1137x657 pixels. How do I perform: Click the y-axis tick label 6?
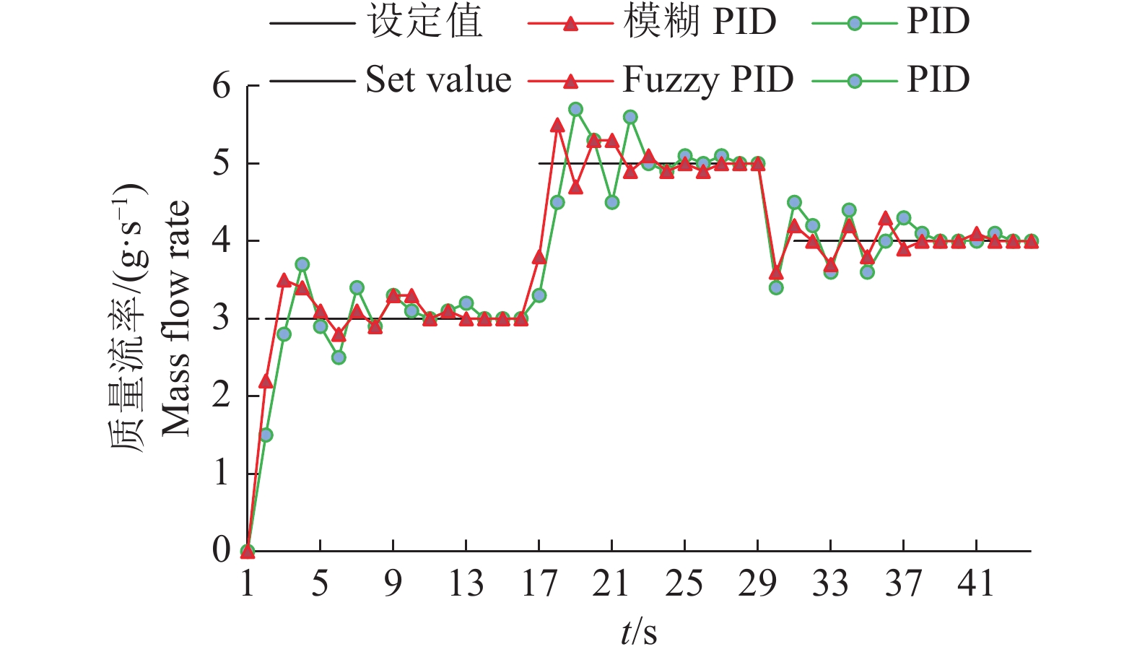[221, 86]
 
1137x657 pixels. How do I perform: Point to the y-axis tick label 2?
[221, 396]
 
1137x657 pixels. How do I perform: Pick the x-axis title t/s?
[639, 632]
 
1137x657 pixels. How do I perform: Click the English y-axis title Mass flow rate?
[175, 318]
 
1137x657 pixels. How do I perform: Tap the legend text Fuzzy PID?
[707, 79]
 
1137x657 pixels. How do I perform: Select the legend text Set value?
[438, 79]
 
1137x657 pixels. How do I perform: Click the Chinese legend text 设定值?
[426, 22]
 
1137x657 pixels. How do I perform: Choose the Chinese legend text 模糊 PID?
[700, 22]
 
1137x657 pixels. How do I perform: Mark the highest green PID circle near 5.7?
[575, 109]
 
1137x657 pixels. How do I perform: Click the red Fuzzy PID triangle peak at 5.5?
[557, 126]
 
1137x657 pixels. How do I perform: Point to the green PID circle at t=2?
[266, 435]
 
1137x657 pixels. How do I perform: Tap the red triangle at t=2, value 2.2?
[266, 380]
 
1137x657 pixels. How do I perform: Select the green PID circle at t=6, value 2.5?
[339, 357]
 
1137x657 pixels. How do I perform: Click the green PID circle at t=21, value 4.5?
[612, 202]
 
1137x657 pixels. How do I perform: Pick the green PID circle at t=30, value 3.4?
[776, 287]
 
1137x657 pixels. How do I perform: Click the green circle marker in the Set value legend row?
[855, 81]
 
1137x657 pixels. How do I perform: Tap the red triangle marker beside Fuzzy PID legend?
[570, 81]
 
